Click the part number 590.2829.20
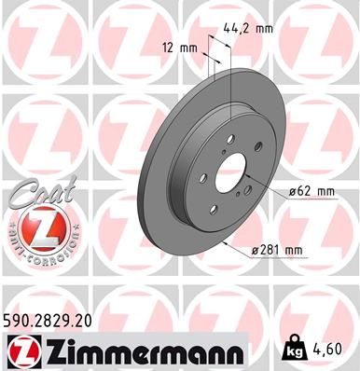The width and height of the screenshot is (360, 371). (53, 321)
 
